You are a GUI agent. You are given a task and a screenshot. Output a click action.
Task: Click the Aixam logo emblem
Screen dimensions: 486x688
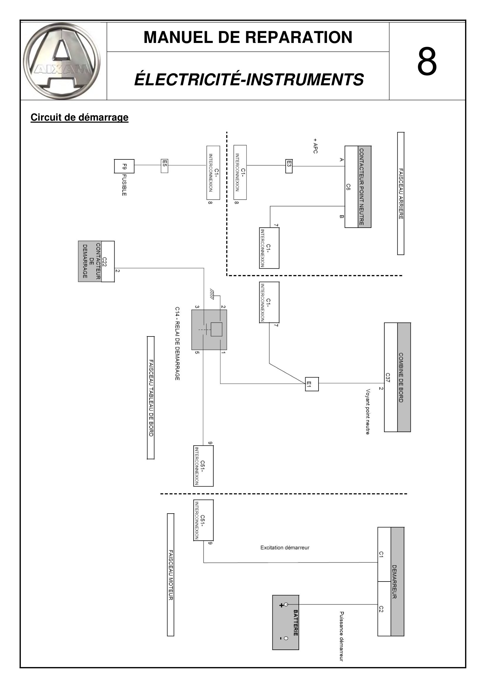coord(62,61)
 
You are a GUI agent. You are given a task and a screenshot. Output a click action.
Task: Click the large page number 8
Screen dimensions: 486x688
coord(427,61)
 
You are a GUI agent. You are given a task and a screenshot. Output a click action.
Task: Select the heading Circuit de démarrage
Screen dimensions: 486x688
coord(79,117)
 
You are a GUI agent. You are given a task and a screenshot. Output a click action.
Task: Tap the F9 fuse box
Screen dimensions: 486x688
coord(124,166)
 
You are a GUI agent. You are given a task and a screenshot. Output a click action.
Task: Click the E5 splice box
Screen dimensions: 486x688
coord(164,166)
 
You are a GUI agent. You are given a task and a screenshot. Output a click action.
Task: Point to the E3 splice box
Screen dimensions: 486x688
coord(289,166)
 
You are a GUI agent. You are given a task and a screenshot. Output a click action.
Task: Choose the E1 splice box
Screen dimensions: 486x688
coord(312,384)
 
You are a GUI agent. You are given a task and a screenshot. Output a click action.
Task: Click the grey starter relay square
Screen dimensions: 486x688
coord(209,330)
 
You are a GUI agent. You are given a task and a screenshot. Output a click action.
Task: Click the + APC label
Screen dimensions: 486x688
coord(315,146)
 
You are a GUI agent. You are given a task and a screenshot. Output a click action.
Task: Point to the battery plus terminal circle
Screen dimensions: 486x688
coord(286,605)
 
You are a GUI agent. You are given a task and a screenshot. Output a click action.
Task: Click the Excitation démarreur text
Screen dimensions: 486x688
coord(285,548)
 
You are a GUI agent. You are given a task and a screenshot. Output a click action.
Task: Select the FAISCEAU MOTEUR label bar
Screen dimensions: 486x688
coord(171,575)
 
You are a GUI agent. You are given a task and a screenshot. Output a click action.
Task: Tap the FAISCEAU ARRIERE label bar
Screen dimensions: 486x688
coord(401,194)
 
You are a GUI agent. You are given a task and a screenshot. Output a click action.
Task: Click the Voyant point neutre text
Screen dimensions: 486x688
coord(368,412)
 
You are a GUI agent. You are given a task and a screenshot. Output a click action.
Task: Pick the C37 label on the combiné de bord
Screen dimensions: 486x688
coord(388,378)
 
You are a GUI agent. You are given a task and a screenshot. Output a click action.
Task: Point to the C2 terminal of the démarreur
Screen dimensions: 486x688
coord(381,609)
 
